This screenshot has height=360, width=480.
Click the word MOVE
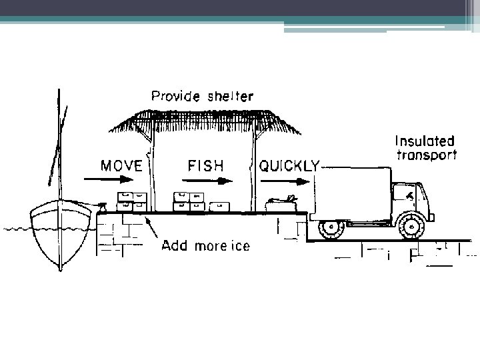pos(121,165)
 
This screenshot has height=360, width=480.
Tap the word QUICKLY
pos(289,165)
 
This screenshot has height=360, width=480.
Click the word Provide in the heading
pos(174,95)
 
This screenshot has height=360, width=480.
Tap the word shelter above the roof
pos(228,95)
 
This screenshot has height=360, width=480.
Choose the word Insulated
pos(425,141)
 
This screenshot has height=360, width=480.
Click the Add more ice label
pos(206,246)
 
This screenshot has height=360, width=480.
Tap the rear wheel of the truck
pos(331,228)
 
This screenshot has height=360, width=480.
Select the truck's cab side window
pos(402,193)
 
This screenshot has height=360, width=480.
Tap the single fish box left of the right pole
pos(221,206)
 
